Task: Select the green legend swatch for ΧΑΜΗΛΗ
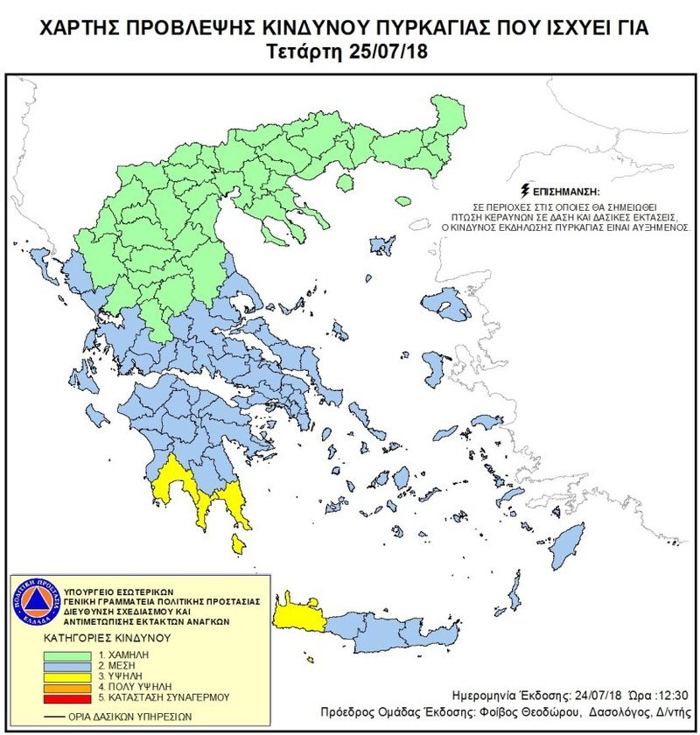(72, 654)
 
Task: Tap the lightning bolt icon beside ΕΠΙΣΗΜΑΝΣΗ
(524, 189)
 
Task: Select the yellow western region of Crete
(298, 612)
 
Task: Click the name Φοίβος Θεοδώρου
(517, 710)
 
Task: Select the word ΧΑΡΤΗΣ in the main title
(72, 28)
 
